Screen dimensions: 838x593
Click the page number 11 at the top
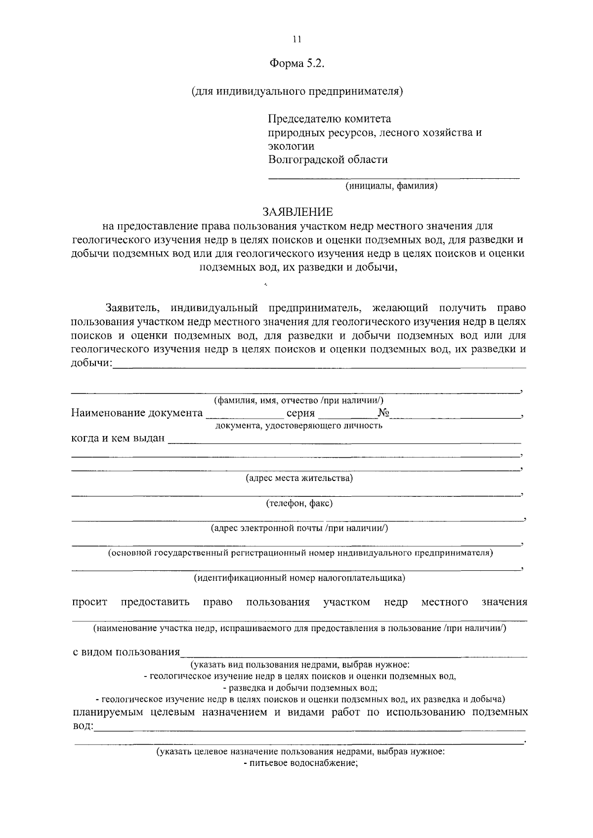pos(296,40)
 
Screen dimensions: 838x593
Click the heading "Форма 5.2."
pos(296,64)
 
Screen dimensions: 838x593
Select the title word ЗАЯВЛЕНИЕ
pos(297,212)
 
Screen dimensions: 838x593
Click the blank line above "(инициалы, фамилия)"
pos(394,176)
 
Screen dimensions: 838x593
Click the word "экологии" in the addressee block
pos(291,146)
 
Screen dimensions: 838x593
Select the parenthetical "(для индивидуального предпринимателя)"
pos(297,92)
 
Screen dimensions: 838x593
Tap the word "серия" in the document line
pos(300,413)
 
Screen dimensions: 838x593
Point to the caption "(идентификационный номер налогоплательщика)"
pos(299,577)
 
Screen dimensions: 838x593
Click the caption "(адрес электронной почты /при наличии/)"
pos(299,528)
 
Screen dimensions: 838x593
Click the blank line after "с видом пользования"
pos(353,655)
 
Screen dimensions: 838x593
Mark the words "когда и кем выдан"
pos(118,439)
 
